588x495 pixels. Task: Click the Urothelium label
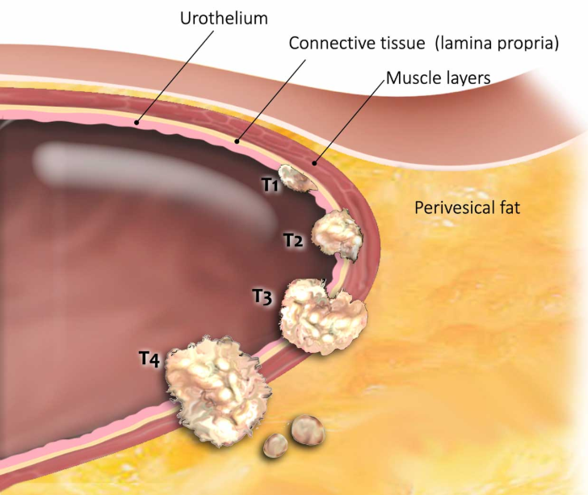coord(224,19)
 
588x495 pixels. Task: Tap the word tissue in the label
coord(403,43)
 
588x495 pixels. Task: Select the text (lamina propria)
coord(497,44)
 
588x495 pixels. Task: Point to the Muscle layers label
coord(439,78)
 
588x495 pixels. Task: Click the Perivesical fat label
coord(467,208)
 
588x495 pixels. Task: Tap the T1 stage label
coord(270,185)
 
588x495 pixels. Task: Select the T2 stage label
coord(293,241)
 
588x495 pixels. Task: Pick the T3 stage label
coord(262,296)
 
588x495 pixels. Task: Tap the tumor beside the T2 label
coord(338,233)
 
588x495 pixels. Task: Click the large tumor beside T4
coord(216,390)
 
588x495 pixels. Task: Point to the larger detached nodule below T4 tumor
coord(309,430)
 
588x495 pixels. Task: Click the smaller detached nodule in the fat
coord(275,445)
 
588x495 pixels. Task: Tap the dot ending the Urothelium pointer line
coord(136,122)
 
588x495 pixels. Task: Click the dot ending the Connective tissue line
coord(237,141)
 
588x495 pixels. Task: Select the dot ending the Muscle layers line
coord(315,163)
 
